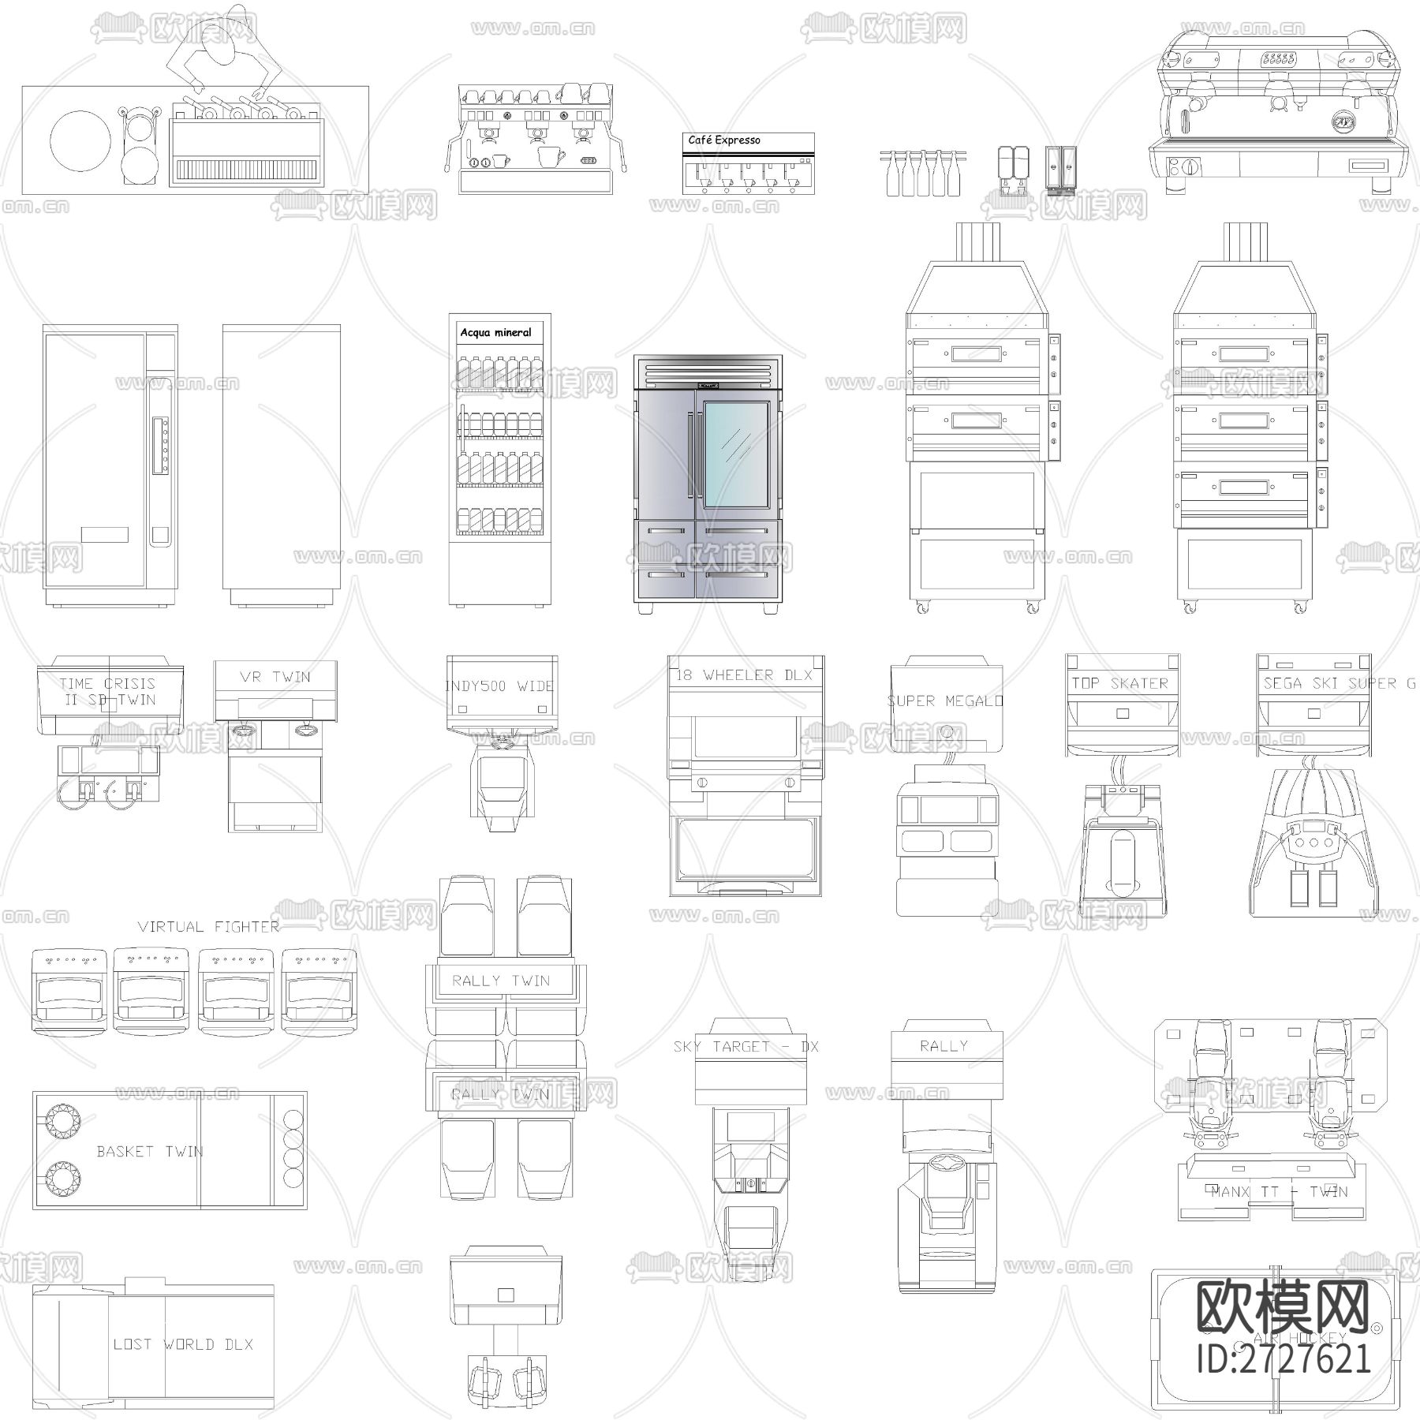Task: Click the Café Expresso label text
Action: coord(724,140)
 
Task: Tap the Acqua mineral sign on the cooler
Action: coord(496,333)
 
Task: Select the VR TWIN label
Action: coord(275,677)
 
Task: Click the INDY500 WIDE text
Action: coord(499,686)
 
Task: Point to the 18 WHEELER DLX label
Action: coord(745,675)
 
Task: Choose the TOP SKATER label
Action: coord(1120,683)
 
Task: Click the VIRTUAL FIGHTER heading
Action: coord(208,927)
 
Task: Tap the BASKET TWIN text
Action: coord(150,1152)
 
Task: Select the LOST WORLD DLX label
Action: coord(183,1344)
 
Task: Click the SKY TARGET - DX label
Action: coord(746,1047)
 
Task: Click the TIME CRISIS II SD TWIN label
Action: coord(107,692)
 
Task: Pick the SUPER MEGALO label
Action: coord(945,701)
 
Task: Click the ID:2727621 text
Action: coord(1284,1358)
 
